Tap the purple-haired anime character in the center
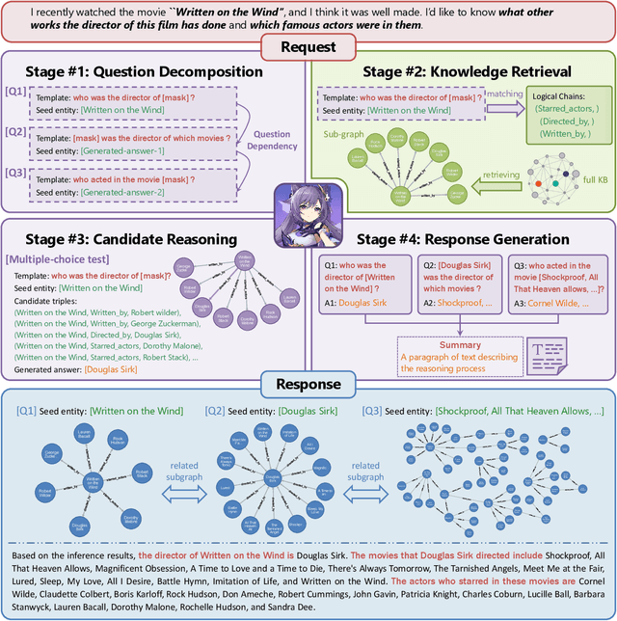tap(309, 213)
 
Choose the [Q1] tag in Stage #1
tap(14, 91)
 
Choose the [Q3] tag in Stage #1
tap(14, 175)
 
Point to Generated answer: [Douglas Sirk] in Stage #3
tap(75, 368)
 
